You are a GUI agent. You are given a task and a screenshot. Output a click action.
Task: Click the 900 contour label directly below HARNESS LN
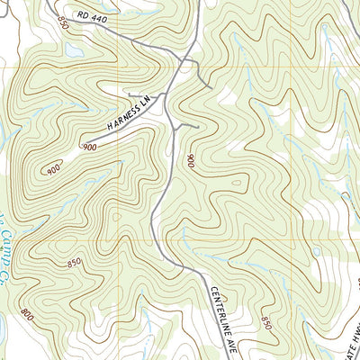point(90,147)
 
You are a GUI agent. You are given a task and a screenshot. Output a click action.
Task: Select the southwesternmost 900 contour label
point(53,168)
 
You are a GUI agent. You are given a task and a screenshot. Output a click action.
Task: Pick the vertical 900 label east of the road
point(191,162)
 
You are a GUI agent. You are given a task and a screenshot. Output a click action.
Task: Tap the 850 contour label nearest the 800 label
point(74,262)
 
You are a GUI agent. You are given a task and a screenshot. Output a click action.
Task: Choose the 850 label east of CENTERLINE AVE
point(266,322)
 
